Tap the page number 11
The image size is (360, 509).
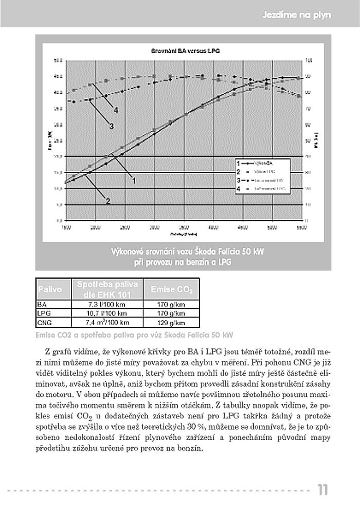[x=322, y=490]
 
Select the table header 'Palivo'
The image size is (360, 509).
[x=49, y=290]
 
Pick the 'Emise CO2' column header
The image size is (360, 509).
[x=171, y=290]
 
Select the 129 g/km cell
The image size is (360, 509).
[x=171, y=323]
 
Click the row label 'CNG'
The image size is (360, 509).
[x=43, y=323]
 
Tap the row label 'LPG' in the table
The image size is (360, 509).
[x=42, y=313]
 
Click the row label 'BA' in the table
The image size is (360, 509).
[x=41, y=304]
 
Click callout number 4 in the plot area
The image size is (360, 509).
[x=116, y=110]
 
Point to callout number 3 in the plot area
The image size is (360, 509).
[x=111, y=127]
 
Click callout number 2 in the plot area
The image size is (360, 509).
[x=108, y=201]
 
